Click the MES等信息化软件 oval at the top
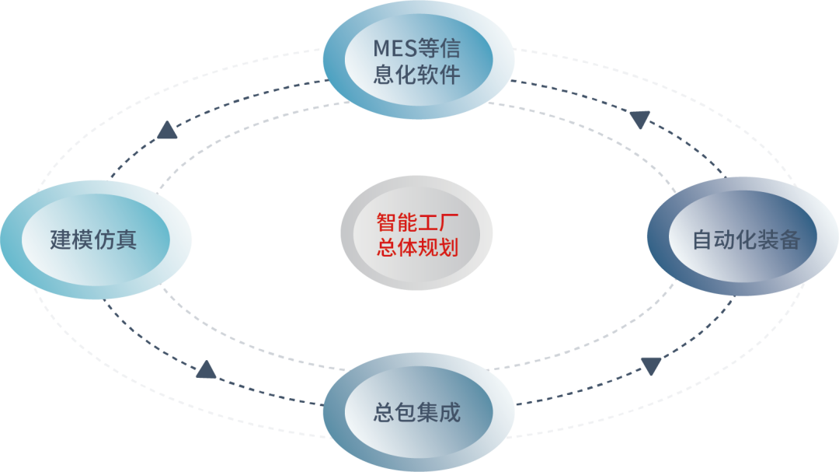(x=418, y=61)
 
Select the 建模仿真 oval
(x=94, y=239)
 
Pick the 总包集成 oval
(x=418, y=412)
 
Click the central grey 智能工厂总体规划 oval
(x=417, y=235)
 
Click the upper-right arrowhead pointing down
(x=639, y=120)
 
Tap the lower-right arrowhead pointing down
(x=650, y=366)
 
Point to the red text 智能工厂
(x=417, y=222)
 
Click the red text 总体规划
(x=417, y=248)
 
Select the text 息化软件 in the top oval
(x=417, y=75)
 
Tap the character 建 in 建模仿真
(x=61, y=239)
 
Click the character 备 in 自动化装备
(x=789, y=239)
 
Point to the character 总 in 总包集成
(x=385, y=412)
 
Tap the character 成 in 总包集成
(x=451, y=412)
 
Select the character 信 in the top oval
(x=450, y=49)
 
